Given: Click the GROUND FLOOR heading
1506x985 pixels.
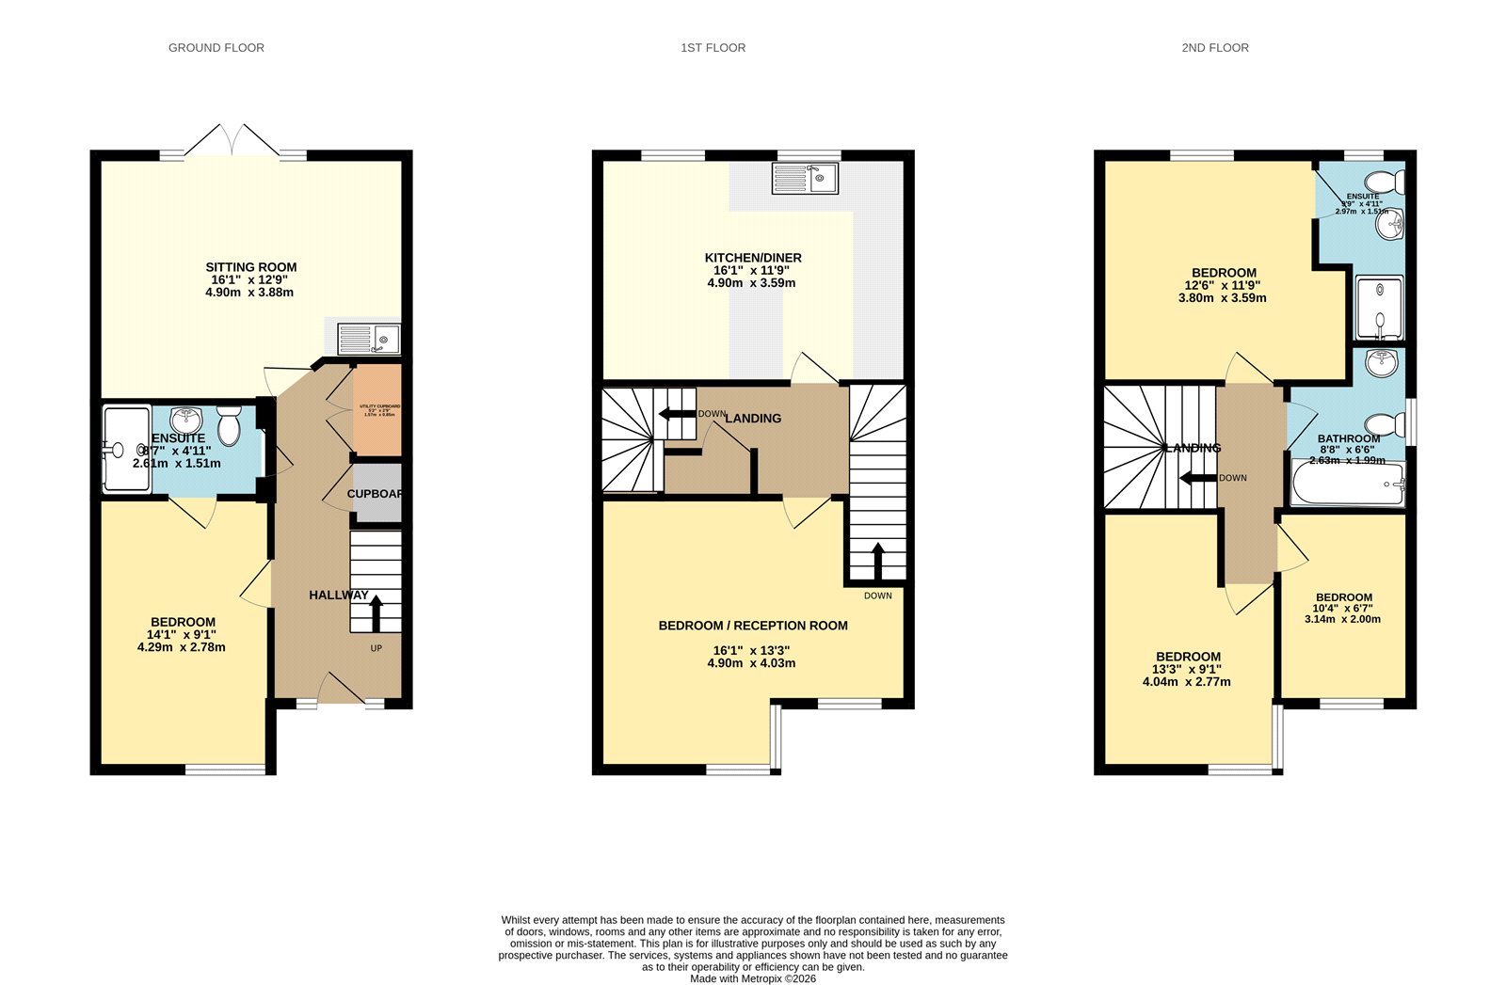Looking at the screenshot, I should (216, 48).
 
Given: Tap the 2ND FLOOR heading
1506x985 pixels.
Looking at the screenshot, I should (1214, 48).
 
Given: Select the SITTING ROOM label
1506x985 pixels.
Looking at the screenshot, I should (250, 267).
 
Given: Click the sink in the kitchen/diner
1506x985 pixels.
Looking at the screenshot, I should (805, 178).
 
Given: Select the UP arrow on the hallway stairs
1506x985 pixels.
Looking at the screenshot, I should (376, 612).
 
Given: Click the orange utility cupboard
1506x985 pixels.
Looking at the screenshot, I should (377, 410).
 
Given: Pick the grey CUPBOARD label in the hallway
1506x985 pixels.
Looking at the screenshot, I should (376, 494).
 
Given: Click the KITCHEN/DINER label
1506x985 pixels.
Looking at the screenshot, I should (753, 258).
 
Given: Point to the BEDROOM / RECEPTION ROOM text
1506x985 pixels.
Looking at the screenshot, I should (752, 626).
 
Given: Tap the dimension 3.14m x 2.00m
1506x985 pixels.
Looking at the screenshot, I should (1342, 619).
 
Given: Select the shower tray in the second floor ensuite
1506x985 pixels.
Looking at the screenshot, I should (1379, 308).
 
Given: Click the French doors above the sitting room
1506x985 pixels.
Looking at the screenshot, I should (232, 141).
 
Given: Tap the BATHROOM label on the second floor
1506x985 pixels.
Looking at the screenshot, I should (1348, 438).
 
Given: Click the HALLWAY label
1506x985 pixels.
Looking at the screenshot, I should (338, 595).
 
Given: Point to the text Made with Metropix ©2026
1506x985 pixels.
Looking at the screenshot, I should (752, 978).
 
